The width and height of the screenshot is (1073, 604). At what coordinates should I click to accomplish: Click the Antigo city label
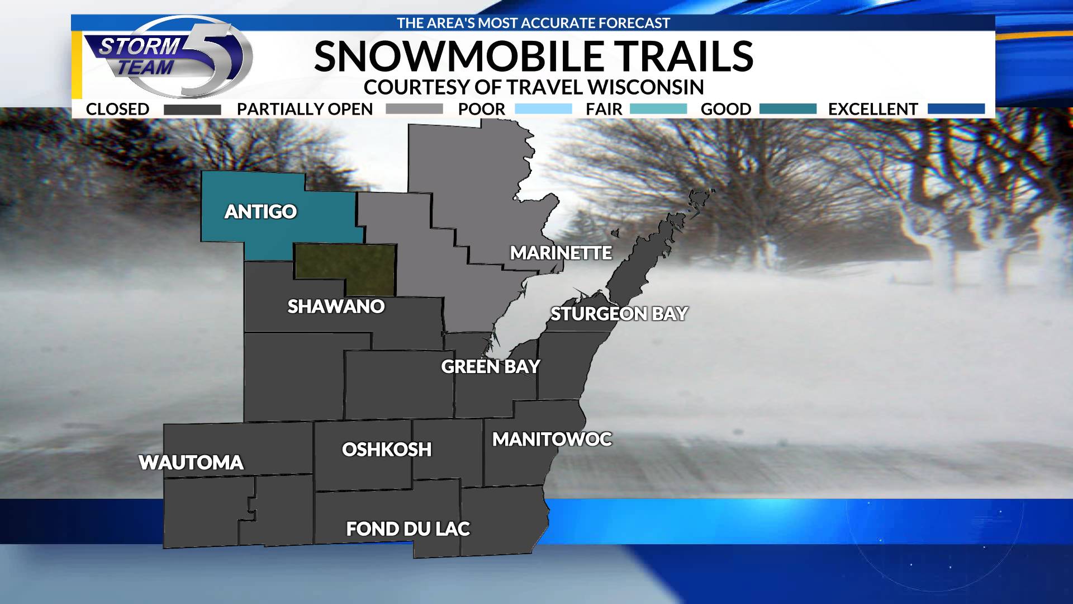click(260, 211)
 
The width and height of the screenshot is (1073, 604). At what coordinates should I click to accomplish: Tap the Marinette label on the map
click(561, 253)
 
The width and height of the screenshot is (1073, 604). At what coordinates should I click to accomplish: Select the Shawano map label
click(336, 306)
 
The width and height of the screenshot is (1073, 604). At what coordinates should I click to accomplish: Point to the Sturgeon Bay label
click(619, 314)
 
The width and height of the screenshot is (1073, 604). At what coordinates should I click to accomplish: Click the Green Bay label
click(490, 366)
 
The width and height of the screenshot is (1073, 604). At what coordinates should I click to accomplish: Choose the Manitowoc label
click(552, 440)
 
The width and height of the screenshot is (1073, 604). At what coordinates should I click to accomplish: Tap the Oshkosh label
click(387, 449)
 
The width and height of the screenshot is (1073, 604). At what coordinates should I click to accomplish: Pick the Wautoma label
click(191, 463)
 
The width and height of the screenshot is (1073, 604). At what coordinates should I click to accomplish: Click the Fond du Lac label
click(408, 528)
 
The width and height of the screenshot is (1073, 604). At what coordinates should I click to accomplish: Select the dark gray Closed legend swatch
click(192, 110)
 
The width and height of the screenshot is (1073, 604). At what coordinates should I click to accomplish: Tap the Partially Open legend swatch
click(414, 109)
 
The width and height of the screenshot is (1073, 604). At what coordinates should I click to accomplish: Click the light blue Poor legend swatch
click(543, 109)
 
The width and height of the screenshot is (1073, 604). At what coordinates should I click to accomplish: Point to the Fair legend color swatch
click(658, 109)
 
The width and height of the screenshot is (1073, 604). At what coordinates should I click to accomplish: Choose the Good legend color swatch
click(787, 109)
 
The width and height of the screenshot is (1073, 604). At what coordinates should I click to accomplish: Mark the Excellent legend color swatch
click(956, 109)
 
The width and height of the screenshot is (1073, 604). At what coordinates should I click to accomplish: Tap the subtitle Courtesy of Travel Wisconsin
click(533, 87)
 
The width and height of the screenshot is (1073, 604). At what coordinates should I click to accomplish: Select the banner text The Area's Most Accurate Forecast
click(533, 23)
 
